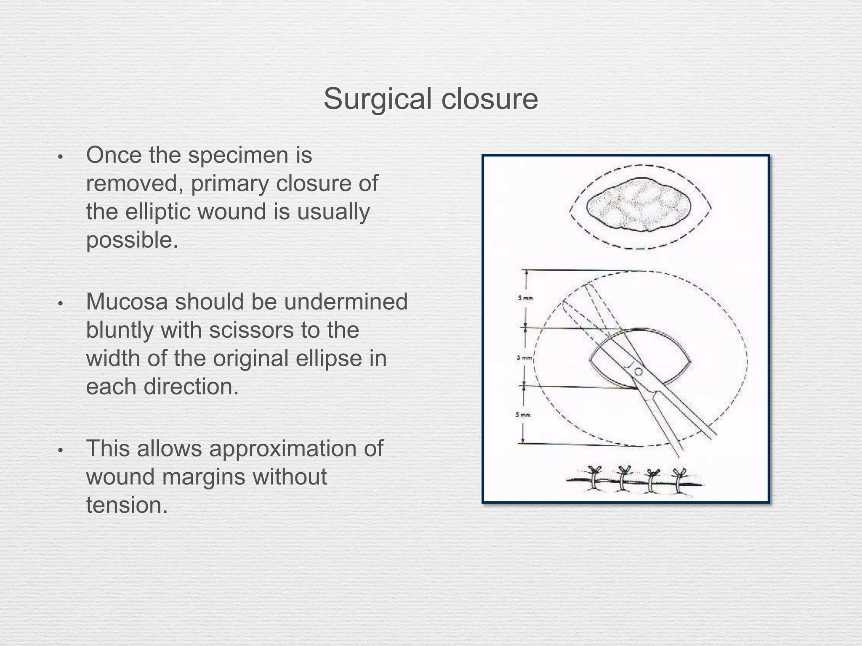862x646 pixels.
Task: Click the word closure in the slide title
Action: pyautogui.click(x=490, y=99)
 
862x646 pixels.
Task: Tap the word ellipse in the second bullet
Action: pyautogui.click(x=317, y=358)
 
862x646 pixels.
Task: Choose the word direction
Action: pyautogui.click(x=191, y=387)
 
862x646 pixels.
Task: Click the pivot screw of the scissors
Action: pyautogui.click(x=638, y=371)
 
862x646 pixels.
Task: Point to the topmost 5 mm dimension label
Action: pyautogui.click(x=525, y=298)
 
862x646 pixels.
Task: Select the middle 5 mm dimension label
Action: pyautogui.click(x=525, y=358)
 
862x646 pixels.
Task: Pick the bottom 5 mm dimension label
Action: pyautogui.click(x=523, y=415)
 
